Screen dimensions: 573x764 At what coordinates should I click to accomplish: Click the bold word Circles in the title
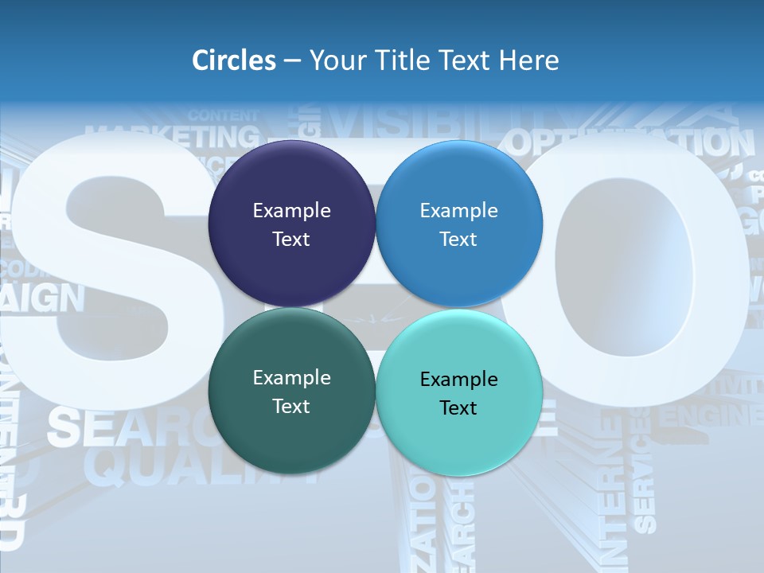pyautogui.click(x=233, y=60)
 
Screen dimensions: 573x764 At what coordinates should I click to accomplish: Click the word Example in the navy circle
pyautogui.click(x=291, y=211)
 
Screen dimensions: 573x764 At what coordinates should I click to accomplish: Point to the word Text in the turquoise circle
pyautogui.click(x=458, y=408)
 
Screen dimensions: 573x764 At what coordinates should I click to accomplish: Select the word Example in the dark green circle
pyautogui.click(x=291, y=378)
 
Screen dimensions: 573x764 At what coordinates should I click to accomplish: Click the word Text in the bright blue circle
pyautogui.click(x=458, y=240)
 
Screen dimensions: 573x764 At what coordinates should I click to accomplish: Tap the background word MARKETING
pyautogui.click(x=172, y=138)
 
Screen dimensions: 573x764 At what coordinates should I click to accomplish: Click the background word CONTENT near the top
pyautogui.click(x=224, y=116)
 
